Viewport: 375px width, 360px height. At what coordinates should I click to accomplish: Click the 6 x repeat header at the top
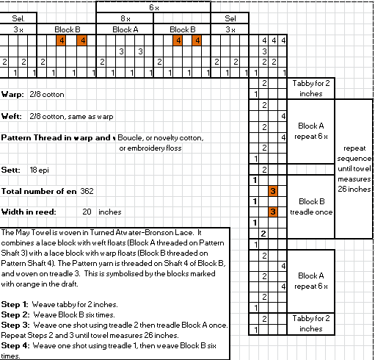pos(154,7)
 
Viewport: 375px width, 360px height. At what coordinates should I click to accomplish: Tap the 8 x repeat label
pos(125,18)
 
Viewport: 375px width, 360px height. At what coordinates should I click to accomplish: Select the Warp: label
pos(12,94)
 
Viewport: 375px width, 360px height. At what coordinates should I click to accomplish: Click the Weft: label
pos(11,116)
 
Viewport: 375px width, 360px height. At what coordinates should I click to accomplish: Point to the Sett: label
pos(11,170)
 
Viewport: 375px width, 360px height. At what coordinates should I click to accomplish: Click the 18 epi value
pos(39,170)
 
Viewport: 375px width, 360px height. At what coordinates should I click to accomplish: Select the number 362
pos(87,191)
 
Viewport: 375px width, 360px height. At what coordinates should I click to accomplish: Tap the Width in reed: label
pos(29,212)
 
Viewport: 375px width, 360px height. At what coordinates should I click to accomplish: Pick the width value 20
pos(87,212)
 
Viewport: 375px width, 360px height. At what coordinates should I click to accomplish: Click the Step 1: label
pos(15,304)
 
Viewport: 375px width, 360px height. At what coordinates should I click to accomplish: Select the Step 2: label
pos(15,314)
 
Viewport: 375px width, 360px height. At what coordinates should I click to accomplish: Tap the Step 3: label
pos(15,325)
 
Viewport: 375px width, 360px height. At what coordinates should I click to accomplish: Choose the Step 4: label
pos(15,345)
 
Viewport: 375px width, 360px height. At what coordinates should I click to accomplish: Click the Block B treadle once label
pos(311,206)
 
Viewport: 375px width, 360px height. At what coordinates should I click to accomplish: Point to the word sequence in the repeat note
pos(354,159)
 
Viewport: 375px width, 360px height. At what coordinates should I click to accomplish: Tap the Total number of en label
pos(39,191)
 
